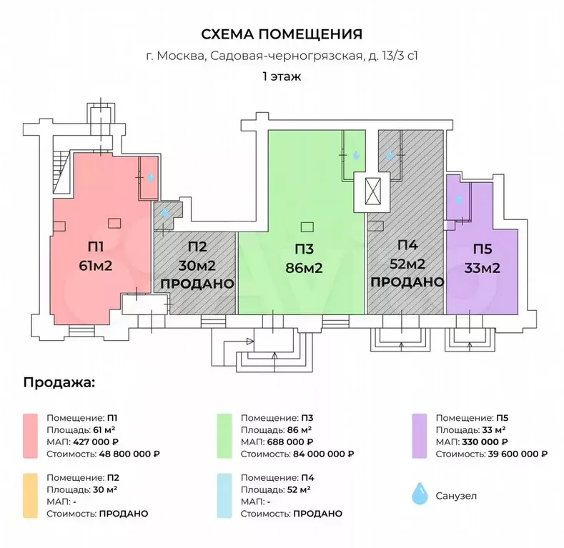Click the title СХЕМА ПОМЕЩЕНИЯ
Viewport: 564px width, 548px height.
(282, 34)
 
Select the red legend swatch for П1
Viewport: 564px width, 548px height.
(30, 435)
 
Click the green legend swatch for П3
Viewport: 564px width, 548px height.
(224, 435)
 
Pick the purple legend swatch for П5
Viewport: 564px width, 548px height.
(420, 435)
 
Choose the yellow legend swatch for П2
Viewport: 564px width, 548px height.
(30, 495)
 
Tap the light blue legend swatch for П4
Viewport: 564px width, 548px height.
(224, 495)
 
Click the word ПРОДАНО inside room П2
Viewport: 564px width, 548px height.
(198, 284)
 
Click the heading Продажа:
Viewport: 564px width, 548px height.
(59, 382)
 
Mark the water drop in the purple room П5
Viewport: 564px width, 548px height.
(459, 200)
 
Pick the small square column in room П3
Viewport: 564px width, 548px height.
(307, 227)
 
